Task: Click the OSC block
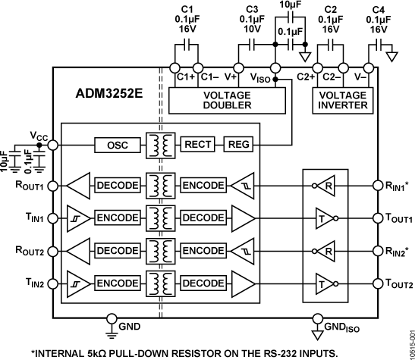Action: [116, 145]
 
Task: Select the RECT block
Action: [198, 145]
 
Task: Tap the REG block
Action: [240, 145]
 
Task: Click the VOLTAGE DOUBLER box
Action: [227, 100]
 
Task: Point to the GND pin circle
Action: [112, 318]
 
